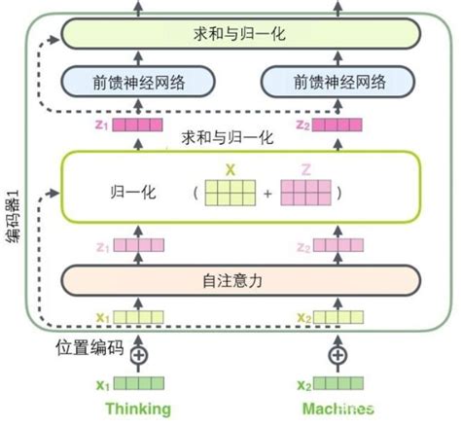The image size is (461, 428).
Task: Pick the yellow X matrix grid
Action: [230, 192]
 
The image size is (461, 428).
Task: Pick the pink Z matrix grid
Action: [304, 192]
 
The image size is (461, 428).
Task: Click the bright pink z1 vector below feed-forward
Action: [137, 125]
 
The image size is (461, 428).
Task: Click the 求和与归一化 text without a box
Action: [226, 139]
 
